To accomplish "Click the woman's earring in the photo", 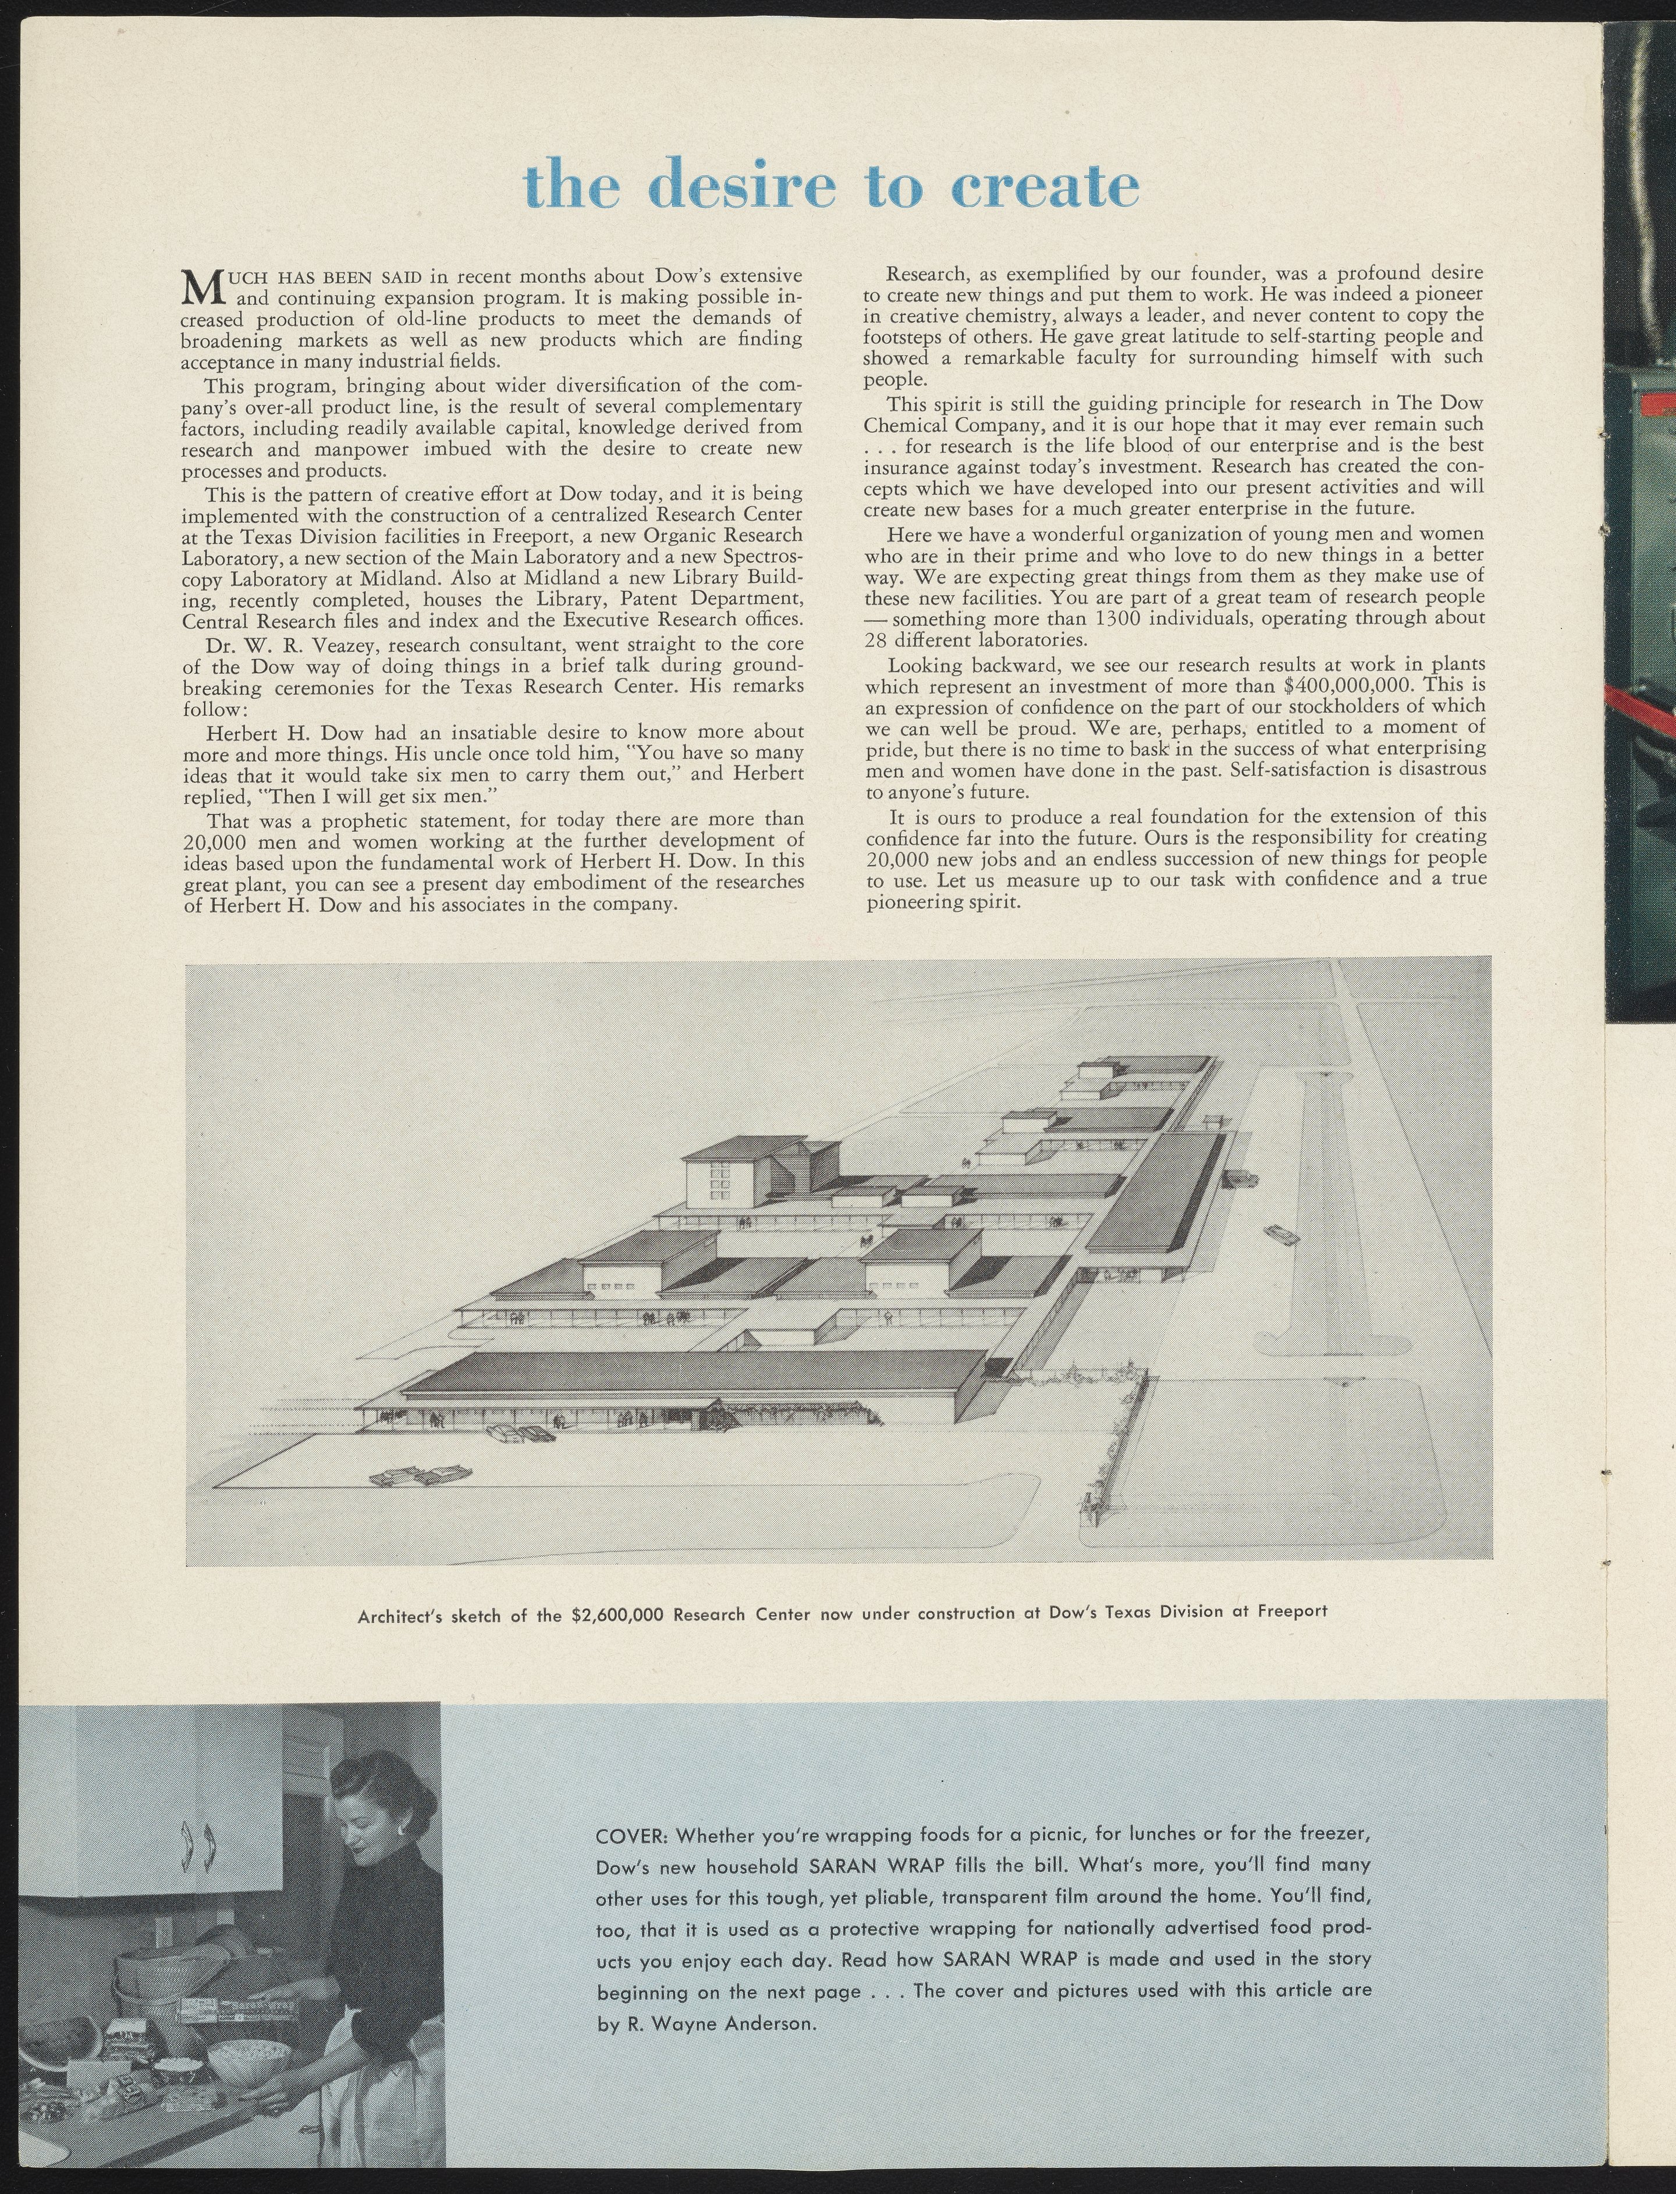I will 400,1832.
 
